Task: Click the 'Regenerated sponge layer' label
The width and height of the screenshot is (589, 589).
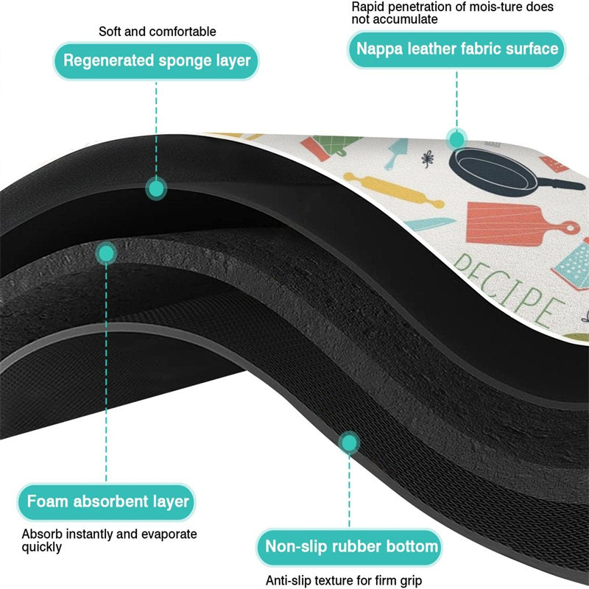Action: (x=157, y=60)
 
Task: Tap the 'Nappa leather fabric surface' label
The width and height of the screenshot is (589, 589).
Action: (x=457, y=50)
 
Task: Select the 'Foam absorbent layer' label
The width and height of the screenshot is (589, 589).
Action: (x=108, y=503)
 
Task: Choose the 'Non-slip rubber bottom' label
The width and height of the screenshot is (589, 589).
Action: (x=350, y=547)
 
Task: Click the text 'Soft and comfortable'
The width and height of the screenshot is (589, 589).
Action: (x=158, y=32)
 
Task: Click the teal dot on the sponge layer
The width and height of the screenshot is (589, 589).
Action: (x=155, y=188)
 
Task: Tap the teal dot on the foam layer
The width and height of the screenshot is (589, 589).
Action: (x=107, y=254)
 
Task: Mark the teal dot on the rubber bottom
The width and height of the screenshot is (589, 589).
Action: (x=349, y=442)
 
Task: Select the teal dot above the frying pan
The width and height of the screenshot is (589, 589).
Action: (x=457, y=138)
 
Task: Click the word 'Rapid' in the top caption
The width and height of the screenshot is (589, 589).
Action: (x=368, y=7)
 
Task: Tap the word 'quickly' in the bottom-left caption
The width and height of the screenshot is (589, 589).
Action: (x=41, y=547)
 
